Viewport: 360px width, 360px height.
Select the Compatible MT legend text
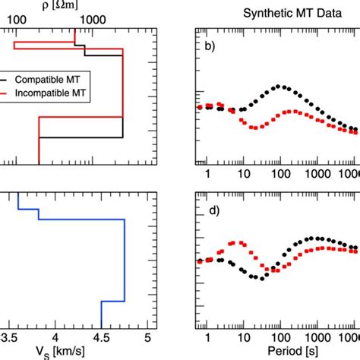[62, 77]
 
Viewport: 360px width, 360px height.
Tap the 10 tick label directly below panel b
[243, 173]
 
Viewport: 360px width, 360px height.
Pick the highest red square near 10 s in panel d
[241, 243]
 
